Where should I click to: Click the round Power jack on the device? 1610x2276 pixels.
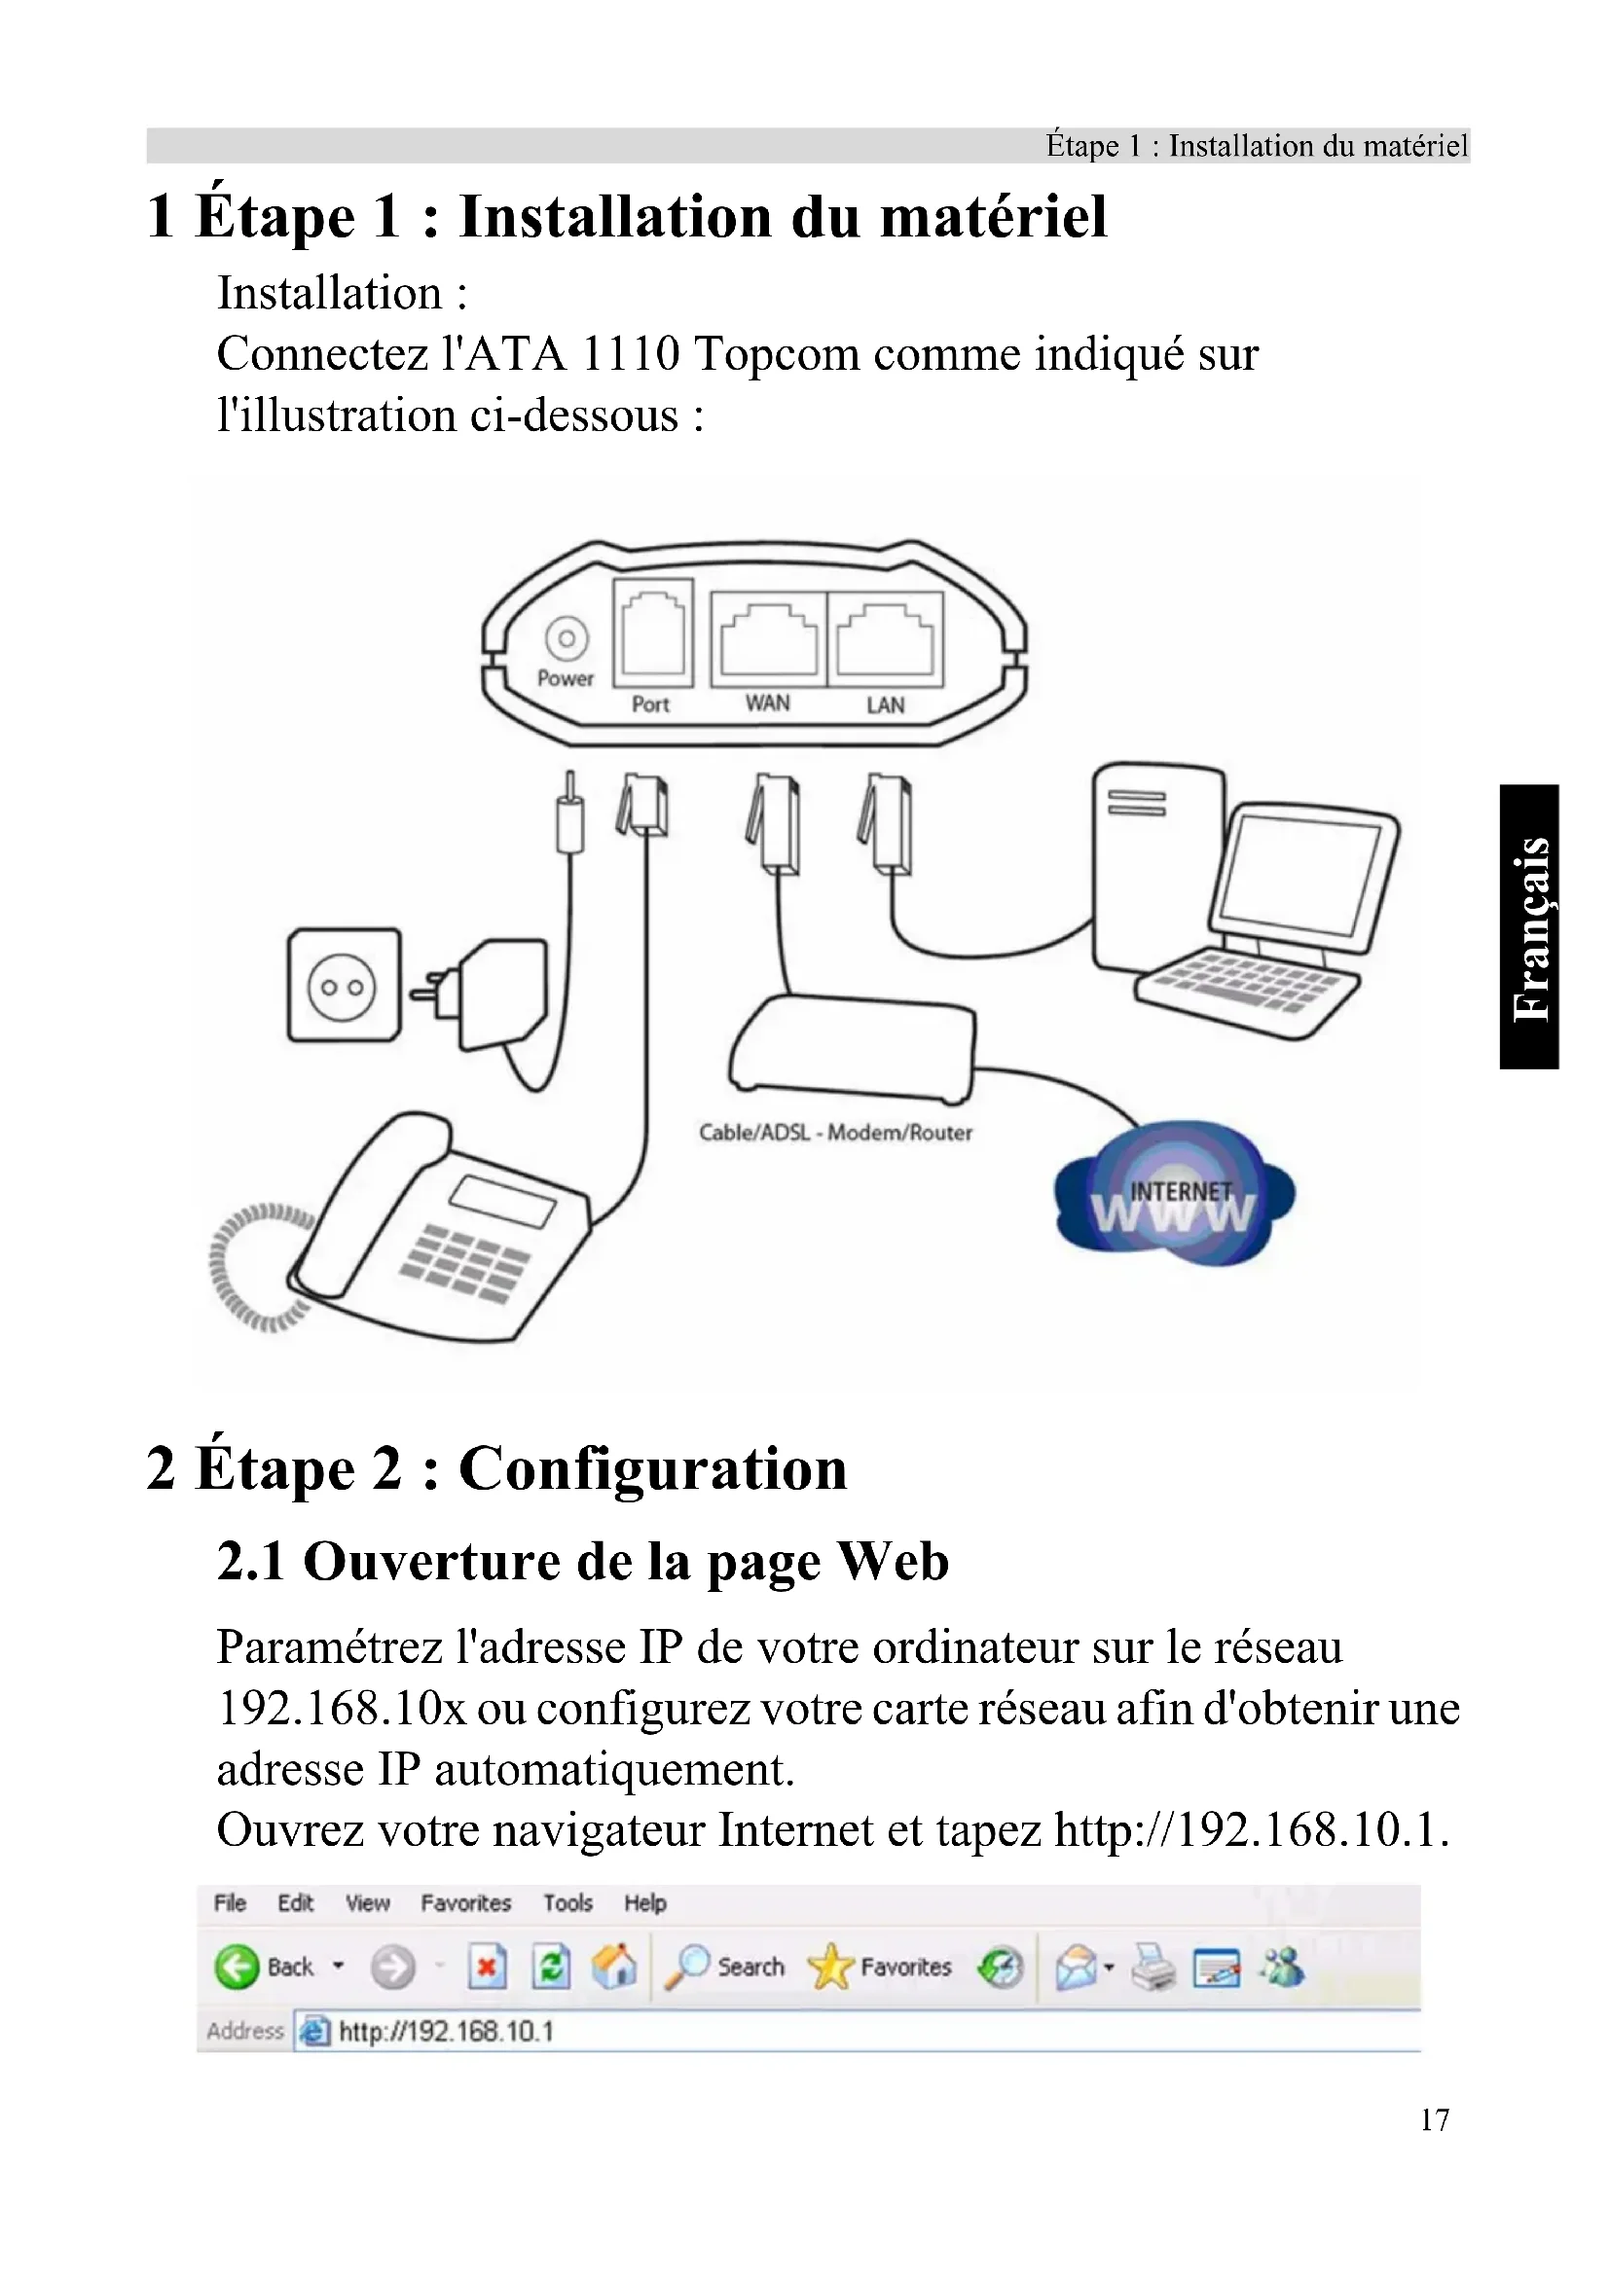567,639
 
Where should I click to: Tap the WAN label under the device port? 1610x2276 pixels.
767,703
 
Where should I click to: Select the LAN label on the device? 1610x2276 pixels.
885,704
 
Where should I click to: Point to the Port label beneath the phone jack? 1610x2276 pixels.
650,704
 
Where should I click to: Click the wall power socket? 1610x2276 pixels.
344,986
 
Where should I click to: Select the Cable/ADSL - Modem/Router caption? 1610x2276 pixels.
836,1132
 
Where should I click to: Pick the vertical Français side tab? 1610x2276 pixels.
1530,927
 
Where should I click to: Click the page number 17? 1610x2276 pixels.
1435,2119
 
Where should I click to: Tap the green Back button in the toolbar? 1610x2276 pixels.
236,1967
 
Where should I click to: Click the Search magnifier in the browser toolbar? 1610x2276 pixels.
687,1967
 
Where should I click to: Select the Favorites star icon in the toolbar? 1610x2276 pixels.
829,1967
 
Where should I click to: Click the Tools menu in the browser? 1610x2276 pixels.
567,1903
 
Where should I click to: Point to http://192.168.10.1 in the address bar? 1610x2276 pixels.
446,2031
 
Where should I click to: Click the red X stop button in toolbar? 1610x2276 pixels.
486,1967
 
